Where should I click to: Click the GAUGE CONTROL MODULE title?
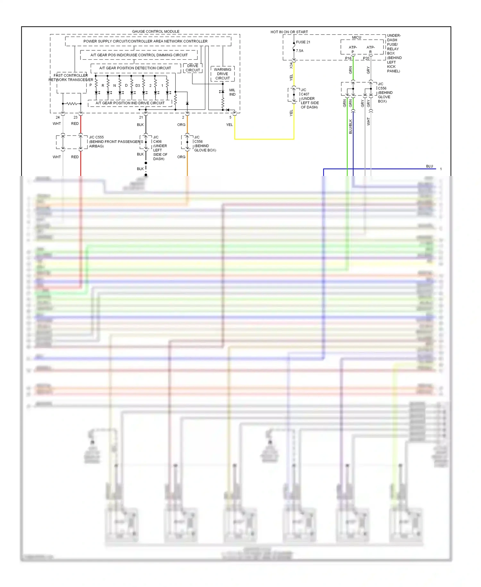156,31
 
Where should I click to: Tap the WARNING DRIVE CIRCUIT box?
223,74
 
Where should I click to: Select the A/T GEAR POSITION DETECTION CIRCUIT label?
135,68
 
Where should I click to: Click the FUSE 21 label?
303,42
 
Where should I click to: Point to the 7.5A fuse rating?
300,51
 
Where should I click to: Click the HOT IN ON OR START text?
289,32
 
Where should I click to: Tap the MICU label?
356,38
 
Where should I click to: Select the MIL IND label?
232,92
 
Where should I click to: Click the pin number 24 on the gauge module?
58,118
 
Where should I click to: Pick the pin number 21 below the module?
141,118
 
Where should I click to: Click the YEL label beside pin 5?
229,125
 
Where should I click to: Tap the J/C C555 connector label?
96,137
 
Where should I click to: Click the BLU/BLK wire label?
350,127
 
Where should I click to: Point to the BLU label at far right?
429,166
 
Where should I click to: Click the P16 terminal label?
348,58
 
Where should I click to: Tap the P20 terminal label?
366,58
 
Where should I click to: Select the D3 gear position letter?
138,86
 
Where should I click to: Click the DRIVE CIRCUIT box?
193,68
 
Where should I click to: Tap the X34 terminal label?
291,66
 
